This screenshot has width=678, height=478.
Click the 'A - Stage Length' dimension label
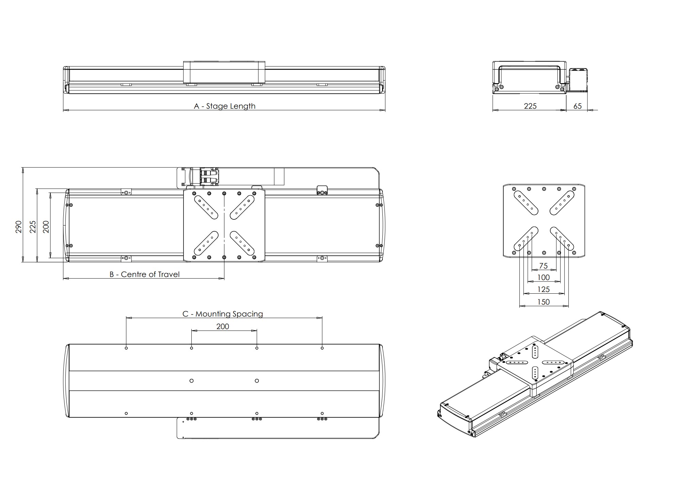pos(224,106)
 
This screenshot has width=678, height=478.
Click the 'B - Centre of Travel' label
pos(144,274)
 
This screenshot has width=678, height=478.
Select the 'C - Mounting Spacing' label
pos(223,314)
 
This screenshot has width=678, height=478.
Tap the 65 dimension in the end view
pos(578,106)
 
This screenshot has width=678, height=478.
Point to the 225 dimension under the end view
pos(530,106)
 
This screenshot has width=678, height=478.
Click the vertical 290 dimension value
pos(19,227)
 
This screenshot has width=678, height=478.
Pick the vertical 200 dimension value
pos(46,227)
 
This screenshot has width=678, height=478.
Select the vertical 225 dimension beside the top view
pos(33,227)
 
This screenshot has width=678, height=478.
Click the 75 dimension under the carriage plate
pos(543,266)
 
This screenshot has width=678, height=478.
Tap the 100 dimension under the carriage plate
pos(543,277)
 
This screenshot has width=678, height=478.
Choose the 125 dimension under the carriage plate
pos(543,289)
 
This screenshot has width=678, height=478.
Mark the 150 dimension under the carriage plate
pos(543,302)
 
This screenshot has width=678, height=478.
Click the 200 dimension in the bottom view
pos(223,326)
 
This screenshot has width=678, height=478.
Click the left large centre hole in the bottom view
pos(191,381)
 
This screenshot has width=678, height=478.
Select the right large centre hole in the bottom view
pos(257,381)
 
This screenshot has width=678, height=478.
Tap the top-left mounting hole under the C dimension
pos(126,348)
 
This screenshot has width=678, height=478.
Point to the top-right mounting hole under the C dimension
pos(322,348)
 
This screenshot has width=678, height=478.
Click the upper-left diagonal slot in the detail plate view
pos(526,203)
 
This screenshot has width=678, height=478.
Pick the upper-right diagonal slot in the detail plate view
pos(562,203)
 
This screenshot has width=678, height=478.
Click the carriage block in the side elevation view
pos(224,72)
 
